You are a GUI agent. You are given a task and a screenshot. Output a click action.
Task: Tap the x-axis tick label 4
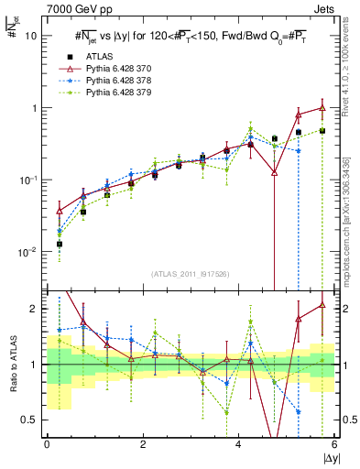[238, 444]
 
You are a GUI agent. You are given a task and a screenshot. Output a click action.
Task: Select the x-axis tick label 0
[47, 444]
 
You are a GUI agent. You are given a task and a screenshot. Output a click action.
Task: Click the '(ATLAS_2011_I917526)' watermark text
[191, 274]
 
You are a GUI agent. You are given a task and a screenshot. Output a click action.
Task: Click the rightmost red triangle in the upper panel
[322, 107]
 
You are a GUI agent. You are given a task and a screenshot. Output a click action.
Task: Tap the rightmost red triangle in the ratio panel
[322, 305]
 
